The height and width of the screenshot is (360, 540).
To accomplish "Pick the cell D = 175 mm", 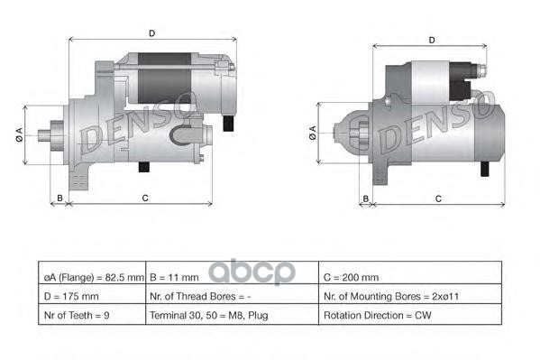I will click(71, 295).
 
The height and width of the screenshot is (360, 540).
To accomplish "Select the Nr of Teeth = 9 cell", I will click(78, 316).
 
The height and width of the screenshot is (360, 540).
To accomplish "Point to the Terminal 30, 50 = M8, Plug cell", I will click(208, 316).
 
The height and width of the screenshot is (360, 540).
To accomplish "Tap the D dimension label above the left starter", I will click(151, 33).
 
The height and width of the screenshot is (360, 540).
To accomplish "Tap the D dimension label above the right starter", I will click(433, 41).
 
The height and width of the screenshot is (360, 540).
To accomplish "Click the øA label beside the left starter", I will click(19, 134).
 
